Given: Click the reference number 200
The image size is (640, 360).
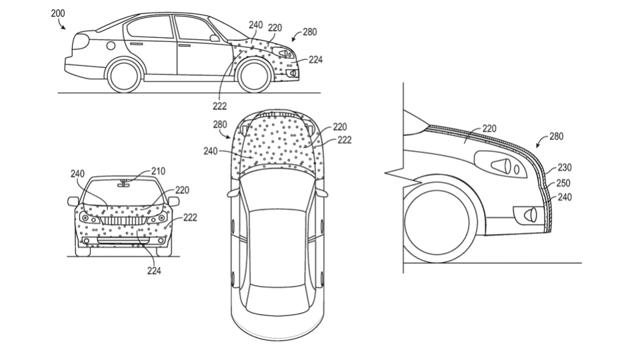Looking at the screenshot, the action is click(x=58, y=13).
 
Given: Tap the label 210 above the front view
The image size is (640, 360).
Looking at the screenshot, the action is click(x=158, y=171).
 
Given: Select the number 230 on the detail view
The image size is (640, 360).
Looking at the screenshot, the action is click(x=565, y=167).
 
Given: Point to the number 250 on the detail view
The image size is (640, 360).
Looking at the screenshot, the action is click(x=563, y=183).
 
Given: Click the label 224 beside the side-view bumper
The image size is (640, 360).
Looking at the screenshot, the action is click(x=315, y=60).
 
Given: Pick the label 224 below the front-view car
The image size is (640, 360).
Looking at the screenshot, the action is click(x=154, y=271).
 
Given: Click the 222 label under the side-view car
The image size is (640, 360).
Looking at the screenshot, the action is click(x=219, y=106).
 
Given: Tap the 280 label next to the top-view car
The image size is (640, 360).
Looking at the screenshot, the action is click(x=220, y=125).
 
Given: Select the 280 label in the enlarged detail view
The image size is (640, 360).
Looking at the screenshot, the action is click(x=556, y=136).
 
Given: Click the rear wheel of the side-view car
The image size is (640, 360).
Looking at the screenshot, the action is click(x=125, y=75).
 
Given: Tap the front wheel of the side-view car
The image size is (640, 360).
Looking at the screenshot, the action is click(x=255, y=76).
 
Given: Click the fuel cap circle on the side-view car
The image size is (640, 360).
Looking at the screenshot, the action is click(x=111, y=45).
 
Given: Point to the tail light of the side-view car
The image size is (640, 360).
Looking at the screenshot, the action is click(x=81, y=41).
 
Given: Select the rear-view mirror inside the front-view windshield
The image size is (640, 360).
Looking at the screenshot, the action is click(x=124, y=185).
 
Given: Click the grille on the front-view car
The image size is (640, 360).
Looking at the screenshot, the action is click(x=123, y=221).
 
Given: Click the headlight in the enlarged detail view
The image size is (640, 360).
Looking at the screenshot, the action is click(x=501, y=165).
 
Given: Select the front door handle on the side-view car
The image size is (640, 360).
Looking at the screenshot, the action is click(x=185, y=45).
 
